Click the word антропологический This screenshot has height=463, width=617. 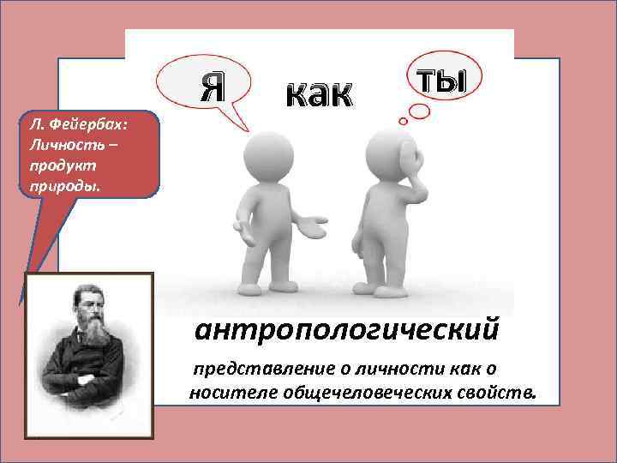(x=346, y=328)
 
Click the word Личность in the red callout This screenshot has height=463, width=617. (x=60, y=141)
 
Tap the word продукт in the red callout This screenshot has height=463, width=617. (x=53, y=160)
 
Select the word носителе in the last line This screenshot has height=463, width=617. (x=222, y=393)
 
